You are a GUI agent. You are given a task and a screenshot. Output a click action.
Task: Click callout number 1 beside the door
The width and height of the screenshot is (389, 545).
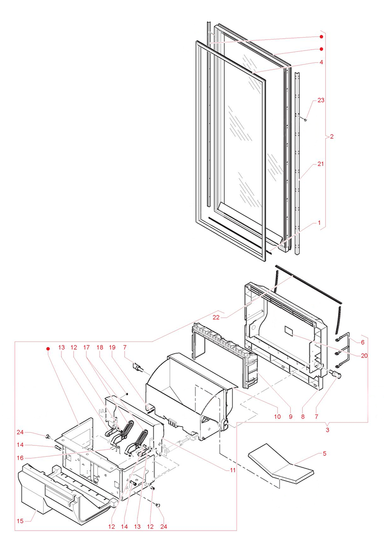click(320, 223)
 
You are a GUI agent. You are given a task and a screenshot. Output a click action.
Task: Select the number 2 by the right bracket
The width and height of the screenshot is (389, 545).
click(332, 137)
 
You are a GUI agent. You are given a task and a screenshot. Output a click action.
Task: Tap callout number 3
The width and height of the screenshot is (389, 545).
click(327, 430)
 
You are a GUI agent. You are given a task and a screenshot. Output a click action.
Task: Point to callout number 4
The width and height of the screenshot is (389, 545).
click(321, 63)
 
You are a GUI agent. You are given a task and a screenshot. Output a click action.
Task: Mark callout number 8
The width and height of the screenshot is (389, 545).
click(303, 417)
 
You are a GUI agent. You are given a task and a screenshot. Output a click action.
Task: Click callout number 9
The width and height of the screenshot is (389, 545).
click(290, 417)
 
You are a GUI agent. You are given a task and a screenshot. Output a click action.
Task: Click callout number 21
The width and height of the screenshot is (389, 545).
click(321, 164)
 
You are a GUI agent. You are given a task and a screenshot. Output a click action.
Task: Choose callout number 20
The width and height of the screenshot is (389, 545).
click(364, 356)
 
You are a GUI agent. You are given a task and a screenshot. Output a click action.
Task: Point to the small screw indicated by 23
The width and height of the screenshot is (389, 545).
click(306, 119)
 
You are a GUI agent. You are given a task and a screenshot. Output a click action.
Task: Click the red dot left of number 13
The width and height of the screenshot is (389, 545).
click(49, 349)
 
